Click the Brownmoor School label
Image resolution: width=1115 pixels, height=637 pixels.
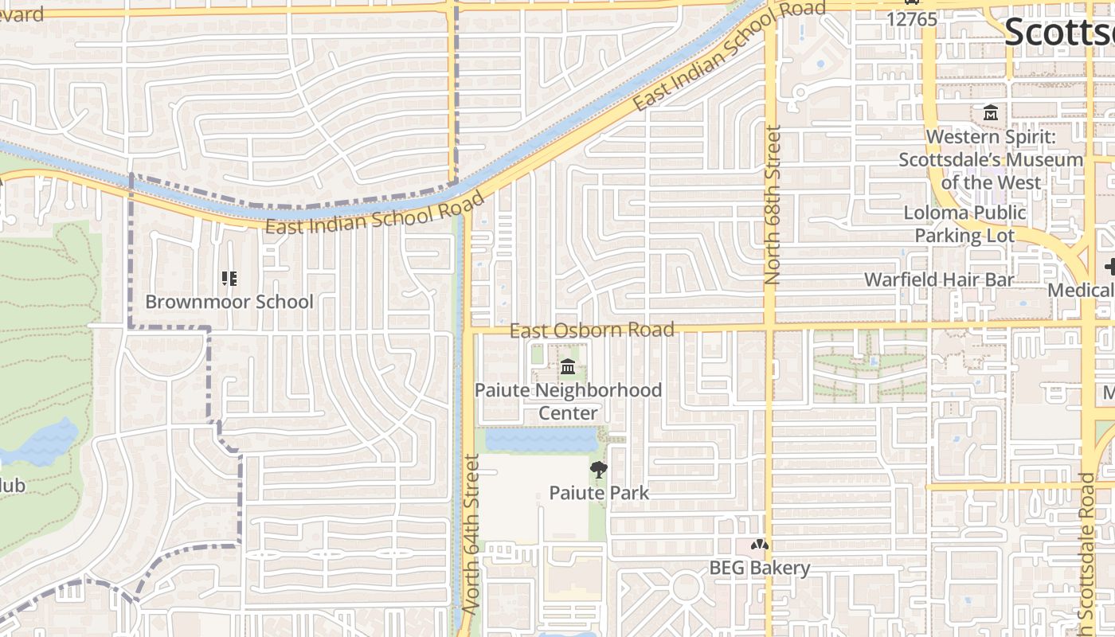[x=229, y=302]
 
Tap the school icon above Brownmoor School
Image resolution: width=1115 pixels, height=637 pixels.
[x=229, y=279]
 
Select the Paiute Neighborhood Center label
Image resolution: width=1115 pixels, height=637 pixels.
[x=568, y=401]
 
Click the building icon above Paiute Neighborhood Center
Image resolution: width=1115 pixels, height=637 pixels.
[x=568, y=367]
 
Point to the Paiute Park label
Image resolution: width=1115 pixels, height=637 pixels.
[x=599, y=493]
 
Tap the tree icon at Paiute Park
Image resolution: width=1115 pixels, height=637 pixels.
[x=599, y=470]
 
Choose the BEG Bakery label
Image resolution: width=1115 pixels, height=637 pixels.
[x=760, y=568]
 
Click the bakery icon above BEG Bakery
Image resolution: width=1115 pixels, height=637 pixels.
[x=760, y=545]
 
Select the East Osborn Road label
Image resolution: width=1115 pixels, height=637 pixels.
[x=592, y=330]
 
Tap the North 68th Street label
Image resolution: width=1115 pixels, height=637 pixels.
[x=773, y=205]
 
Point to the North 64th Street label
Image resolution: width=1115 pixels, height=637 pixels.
[x=472, y=533]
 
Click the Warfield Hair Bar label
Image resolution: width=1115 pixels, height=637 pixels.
[x=939, y=279]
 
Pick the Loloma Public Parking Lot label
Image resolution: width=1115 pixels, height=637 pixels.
[x=964, y=224]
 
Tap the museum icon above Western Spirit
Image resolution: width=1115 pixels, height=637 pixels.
[x=991, y=113]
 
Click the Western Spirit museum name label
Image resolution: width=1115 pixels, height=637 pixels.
[x=991, y=159]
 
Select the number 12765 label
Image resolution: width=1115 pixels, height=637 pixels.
[x=912, y=19]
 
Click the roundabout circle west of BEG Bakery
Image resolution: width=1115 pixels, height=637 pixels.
[x=686, y=588]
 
